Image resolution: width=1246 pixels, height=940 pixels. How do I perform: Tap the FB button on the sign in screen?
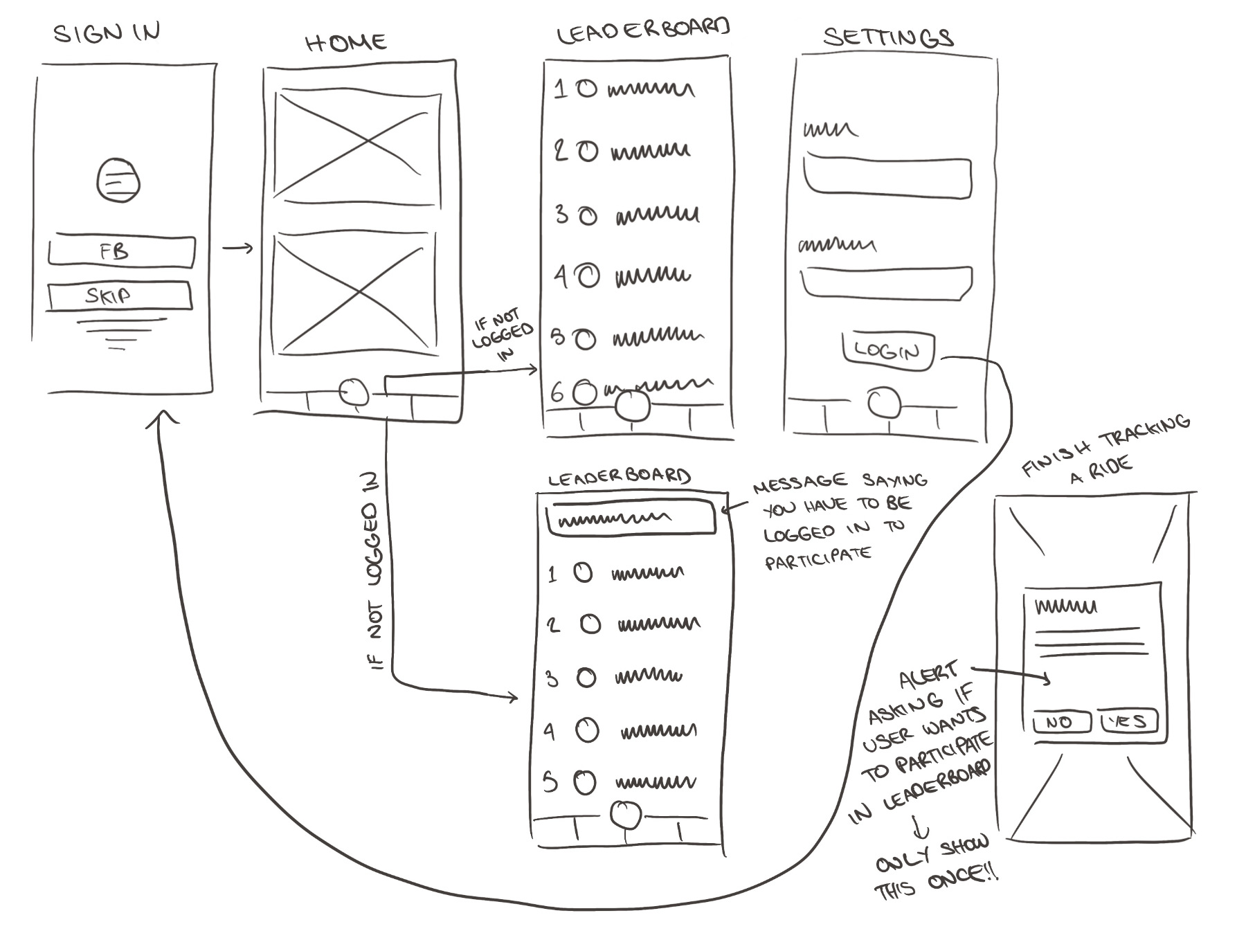point(121,252)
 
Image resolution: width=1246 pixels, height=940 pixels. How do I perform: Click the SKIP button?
point(119,296)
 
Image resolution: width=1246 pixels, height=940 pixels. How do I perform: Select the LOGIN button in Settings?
point(887,350)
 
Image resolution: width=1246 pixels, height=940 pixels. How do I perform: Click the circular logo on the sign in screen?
point(118,180)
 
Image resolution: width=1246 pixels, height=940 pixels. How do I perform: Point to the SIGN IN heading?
point(107,33)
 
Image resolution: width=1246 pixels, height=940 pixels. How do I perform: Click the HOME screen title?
point(345,43)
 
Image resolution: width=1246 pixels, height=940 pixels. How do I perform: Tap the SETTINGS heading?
point(887,37)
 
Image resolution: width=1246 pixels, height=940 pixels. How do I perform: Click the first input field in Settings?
point(887,179)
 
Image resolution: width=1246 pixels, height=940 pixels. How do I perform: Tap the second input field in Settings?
point(886,282)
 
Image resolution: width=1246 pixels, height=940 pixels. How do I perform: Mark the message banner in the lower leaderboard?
point(630,518)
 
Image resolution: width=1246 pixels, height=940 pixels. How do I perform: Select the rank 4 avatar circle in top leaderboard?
point(588,276)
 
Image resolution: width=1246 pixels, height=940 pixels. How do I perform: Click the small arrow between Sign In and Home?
point(237,248)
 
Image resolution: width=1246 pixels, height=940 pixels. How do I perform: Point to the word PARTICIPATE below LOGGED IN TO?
point(818,558)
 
